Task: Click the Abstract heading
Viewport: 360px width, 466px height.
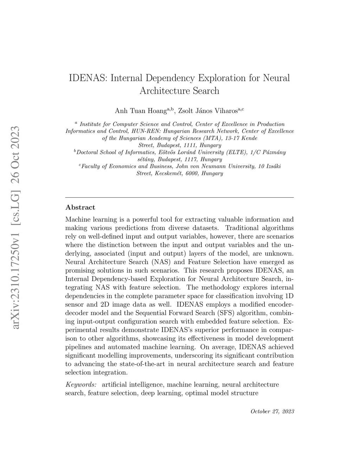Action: coord(80,208)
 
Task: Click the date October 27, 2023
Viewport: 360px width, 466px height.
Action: coord(272,411)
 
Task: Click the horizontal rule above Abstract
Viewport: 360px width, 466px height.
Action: coord(180,198)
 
